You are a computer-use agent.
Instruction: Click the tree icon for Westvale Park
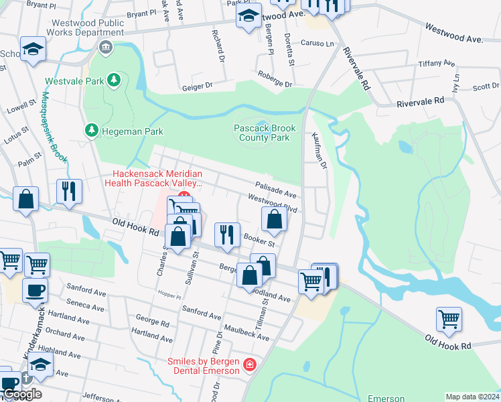coord(115,81)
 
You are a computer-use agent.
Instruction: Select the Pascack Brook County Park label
coord(261,133)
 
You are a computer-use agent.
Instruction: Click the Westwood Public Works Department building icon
coord(105,47)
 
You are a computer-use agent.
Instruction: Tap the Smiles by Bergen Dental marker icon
coord(249,366)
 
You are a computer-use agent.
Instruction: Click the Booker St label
coord(259,238)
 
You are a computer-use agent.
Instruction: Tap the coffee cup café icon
coord(34,291)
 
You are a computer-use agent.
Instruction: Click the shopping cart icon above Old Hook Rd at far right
coord(449,320)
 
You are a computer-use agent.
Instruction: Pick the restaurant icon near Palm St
coord(69,192)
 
